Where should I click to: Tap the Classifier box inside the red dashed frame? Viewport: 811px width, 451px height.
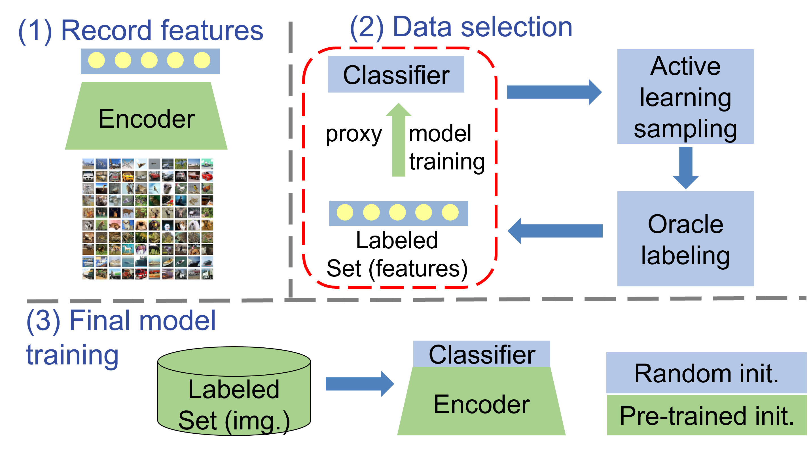[x=396, y=75]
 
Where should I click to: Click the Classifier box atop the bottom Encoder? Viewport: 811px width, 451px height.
[x=481, y=354]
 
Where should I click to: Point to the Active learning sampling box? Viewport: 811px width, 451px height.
[x=685, y=97]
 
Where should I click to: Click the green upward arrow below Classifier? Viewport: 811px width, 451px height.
[x=399, y=140]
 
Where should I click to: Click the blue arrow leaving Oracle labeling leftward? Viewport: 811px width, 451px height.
[x=556, y=231]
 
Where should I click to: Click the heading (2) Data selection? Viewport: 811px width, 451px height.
[x=461, y=28]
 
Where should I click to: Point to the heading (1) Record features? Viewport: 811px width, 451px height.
[x=141, y=31]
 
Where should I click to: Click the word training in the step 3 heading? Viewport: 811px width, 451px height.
[x=72, y=354]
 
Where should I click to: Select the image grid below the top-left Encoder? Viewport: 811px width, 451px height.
[x=147, y=219]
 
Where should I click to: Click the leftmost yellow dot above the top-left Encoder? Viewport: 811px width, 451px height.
[x=96, y=60]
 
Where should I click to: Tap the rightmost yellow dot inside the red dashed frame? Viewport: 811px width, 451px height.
[x=450, y=212]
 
